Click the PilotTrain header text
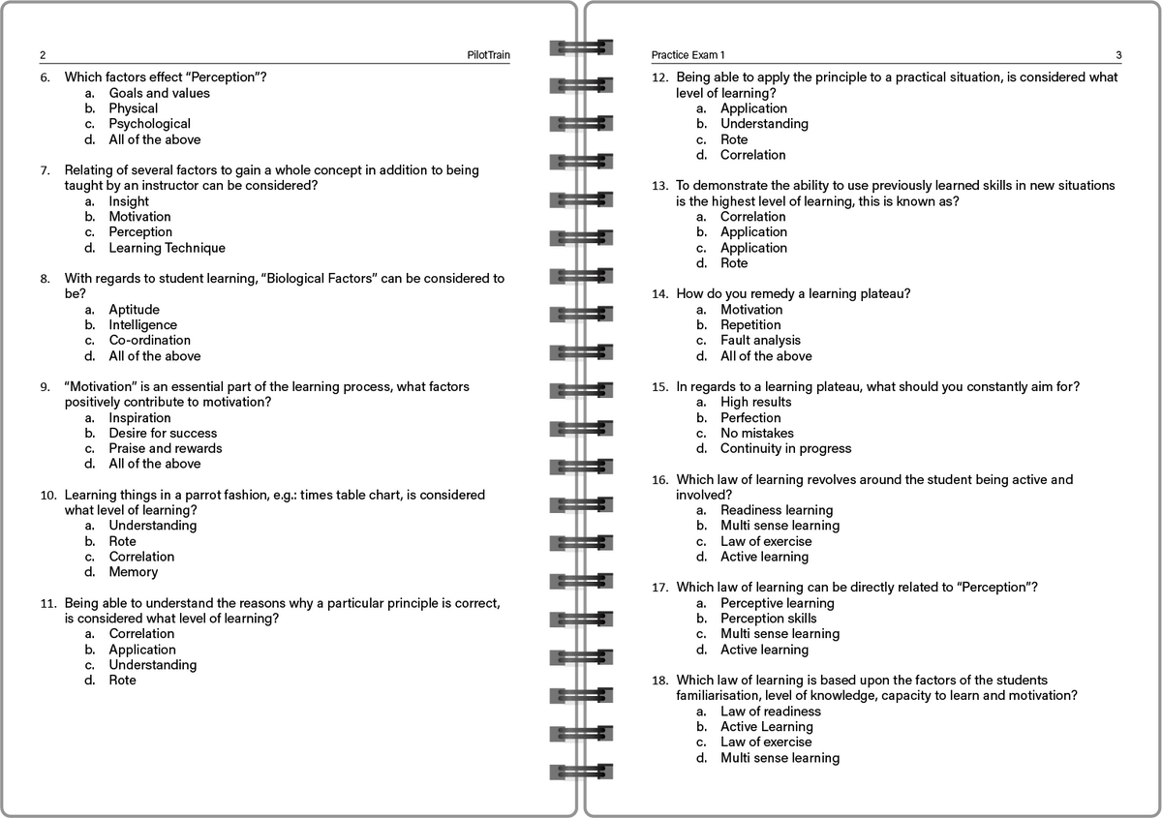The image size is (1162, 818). point(488,55)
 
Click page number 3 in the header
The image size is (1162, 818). point(1118,55)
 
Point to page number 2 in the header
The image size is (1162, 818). point(43,55)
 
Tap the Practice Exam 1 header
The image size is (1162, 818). point(688,55)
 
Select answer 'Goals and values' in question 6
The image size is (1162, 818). point(159,93)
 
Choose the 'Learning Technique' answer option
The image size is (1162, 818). point(167,248)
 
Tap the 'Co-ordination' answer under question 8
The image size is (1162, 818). point(149,340)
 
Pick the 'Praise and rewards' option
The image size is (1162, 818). point(165,448)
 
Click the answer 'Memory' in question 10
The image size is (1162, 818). point(135,572)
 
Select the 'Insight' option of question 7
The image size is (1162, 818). point(129,201)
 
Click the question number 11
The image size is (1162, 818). point(46,603)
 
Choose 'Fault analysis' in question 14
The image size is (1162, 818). point(760,340)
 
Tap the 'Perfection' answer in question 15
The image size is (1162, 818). point(749,417)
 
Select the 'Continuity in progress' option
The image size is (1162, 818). point(785,448)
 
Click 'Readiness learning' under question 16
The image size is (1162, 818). point(776,510)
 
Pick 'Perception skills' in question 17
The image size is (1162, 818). point(768,619)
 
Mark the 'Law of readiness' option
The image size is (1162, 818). point(770,712)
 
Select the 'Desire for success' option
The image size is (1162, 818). point(163,433)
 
